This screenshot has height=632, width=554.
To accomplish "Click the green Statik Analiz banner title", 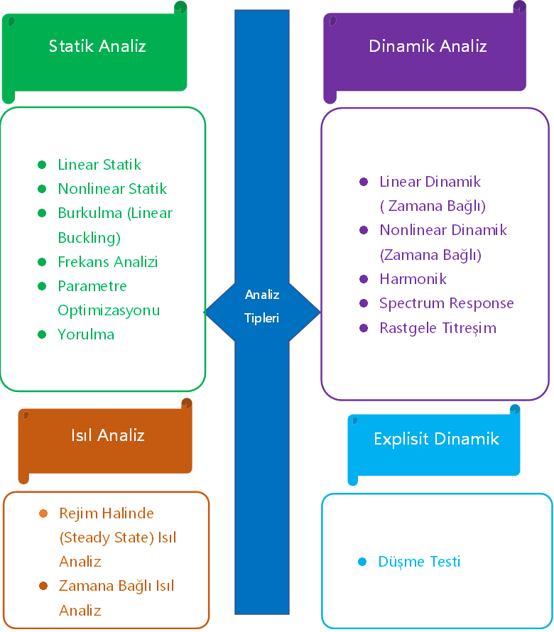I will pos(97,47).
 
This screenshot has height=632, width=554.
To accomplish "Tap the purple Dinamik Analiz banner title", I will pos(428,47).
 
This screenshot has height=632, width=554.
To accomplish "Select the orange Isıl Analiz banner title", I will pos(108,435).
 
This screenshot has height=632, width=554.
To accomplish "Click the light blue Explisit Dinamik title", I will pos(436,439).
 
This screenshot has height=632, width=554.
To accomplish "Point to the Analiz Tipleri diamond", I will pos(262,306).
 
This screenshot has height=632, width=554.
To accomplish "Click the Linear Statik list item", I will pos(99,165).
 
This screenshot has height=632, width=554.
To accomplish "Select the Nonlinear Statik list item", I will pos(112,189).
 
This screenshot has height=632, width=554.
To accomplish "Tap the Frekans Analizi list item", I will pos(108,262).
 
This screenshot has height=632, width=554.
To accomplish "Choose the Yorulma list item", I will pos(86,334).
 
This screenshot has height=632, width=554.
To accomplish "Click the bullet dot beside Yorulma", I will pos(42,334).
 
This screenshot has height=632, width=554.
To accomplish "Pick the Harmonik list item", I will pos(413,279).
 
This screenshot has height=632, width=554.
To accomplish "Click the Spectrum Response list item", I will pos(447,303).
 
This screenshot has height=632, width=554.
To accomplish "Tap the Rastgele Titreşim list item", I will pos(438,328).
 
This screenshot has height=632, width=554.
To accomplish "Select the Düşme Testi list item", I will pos(420,562).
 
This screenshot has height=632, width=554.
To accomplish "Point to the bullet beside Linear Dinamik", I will pos(364,182).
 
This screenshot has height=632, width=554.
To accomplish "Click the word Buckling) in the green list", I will pos(89,237).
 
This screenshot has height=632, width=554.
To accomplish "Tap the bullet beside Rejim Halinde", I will pos(43,513).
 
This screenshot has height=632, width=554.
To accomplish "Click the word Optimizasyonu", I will pos(109,310).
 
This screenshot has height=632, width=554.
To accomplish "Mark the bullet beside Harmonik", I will pos(364,279).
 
